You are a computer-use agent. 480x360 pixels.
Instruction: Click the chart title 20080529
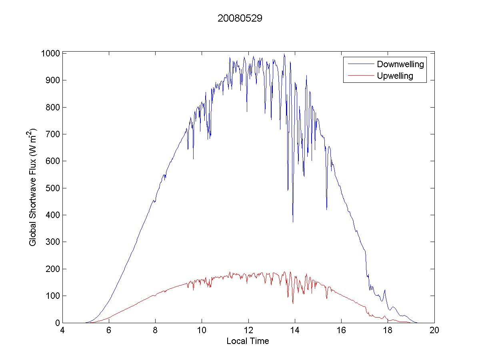pos(240,18)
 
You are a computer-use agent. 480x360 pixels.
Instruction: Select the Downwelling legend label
pos(400,64)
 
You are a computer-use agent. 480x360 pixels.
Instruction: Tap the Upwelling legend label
pos(395,76)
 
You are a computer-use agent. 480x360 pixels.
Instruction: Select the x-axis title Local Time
pos(248,341)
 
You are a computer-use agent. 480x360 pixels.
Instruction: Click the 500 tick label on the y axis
pos(52,188)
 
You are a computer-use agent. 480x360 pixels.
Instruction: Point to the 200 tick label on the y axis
pos(52,269)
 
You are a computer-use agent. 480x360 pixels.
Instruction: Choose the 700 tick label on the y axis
pos(52,134)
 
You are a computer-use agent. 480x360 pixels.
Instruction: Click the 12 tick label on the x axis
pos(248,331)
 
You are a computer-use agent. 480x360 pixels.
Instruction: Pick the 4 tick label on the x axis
pos(62,331)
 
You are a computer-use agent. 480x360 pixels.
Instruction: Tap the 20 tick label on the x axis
pos(434,331)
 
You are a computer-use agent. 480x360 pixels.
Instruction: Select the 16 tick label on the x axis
pos(341,331)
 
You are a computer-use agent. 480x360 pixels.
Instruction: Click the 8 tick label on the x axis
pos(155,331)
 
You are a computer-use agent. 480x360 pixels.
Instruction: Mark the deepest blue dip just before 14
pos(293,221)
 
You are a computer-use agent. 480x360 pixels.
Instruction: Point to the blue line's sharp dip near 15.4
pos(326,209)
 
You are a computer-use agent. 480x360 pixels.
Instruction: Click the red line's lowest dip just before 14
pos(293,303)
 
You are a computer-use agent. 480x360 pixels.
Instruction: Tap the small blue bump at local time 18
pos(385,290)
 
